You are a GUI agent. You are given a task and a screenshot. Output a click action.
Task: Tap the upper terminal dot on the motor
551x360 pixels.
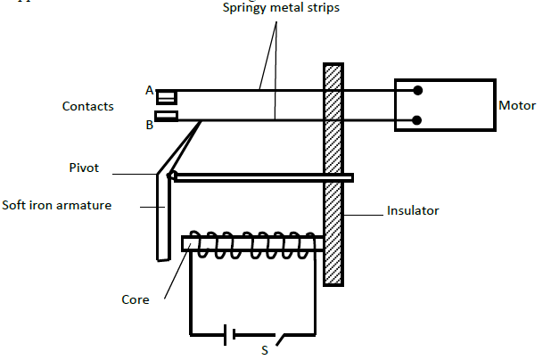[x=417, y=90]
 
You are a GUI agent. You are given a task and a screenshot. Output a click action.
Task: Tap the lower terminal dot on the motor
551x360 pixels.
[x=417, y=120]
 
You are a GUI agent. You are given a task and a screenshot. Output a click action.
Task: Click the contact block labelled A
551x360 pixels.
[x=166, y=96]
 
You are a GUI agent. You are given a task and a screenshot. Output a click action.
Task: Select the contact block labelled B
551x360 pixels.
[x=166, y=116]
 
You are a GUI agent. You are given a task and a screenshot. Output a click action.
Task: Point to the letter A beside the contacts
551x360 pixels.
[x=149, y=90]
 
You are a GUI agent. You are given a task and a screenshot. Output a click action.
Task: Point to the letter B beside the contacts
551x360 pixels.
[x=149, y=126]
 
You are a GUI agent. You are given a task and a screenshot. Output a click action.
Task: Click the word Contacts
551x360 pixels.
[x=87, y=106]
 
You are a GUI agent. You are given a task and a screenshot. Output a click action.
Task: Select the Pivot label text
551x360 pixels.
[x=85, y=167]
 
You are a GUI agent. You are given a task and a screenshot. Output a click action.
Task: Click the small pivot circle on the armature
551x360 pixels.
[x=172, y=176]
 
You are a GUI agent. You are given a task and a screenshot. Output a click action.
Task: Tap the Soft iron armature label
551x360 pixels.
[x=57, y=205]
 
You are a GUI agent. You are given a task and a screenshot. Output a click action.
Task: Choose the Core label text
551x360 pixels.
[x=136, y=299]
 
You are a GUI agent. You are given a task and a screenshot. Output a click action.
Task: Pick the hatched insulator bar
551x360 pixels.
[x=333, y=174]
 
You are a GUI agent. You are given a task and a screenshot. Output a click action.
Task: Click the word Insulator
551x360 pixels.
[x=413, y=211]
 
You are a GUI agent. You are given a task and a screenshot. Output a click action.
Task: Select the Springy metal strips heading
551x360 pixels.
[x=282, y=8]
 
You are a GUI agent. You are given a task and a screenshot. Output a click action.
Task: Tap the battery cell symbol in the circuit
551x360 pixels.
[x=230, y=335]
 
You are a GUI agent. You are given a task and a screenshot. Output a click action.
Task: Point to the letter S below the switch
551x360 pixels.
[x=264, y=350]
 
